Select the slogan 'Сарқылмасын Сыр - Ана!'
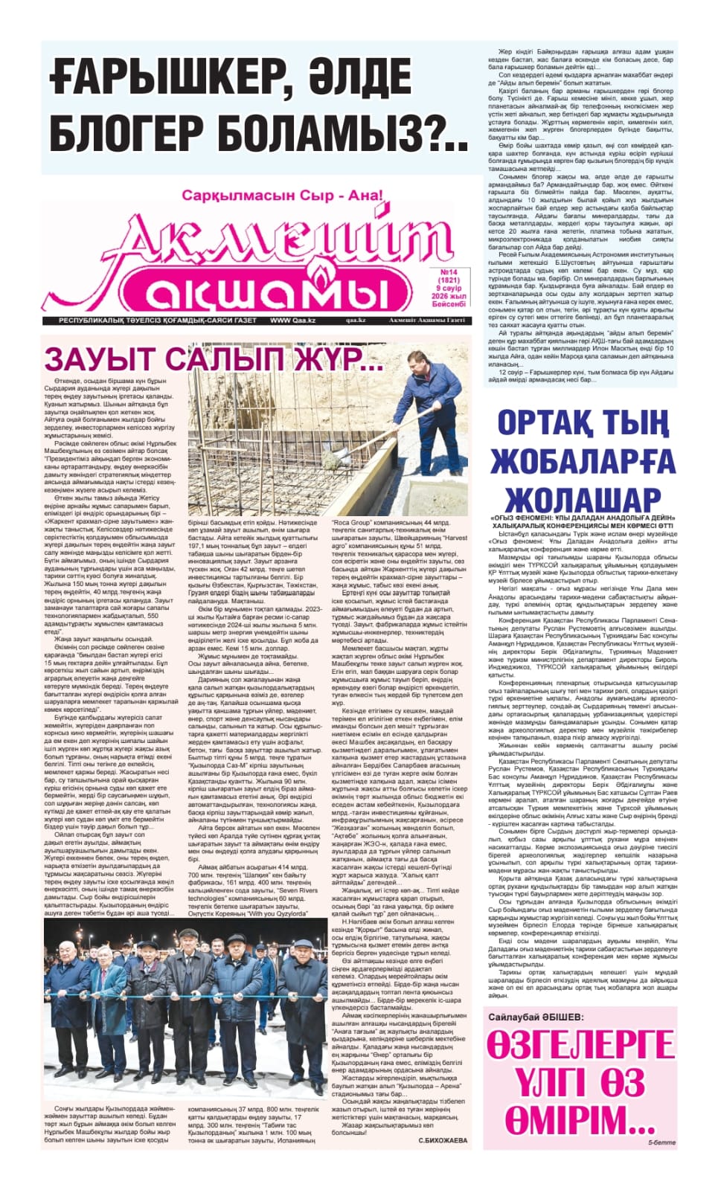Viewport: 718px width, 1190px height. click(x=281, y=197)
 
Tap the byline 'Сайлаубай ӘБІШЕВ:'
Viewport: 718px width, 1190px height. click(x=536, y=1017)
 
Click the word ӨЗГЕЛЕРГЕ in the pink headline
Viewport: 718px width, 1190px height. click(x=580, y=1045)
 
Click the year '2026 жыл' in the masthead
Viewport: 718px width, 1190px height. click(x=450, y=296)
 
